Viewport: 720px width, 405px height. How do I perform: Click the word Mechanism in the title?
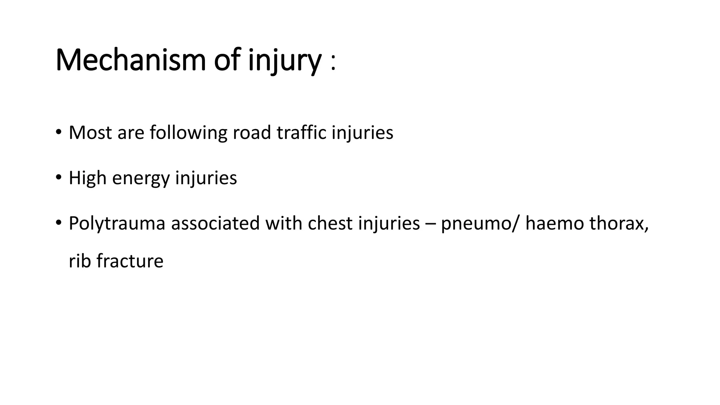tap(130, 60)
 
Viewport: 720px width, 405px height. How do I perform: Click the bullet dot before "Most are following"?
tap(58, 133)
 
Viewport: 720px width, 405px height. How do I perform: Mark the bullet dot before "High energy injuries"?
tap(58, 178)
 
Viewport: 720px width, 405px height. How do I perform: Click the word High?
tap(88, 178)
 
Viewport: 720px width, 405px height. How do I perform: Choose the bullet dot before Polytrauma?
tap(58, 223)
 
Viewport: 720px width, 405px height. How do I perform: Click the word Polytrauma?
tap(117, 224)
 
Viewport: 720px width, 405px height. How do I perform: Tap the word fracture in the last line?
tap(130, 261)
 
